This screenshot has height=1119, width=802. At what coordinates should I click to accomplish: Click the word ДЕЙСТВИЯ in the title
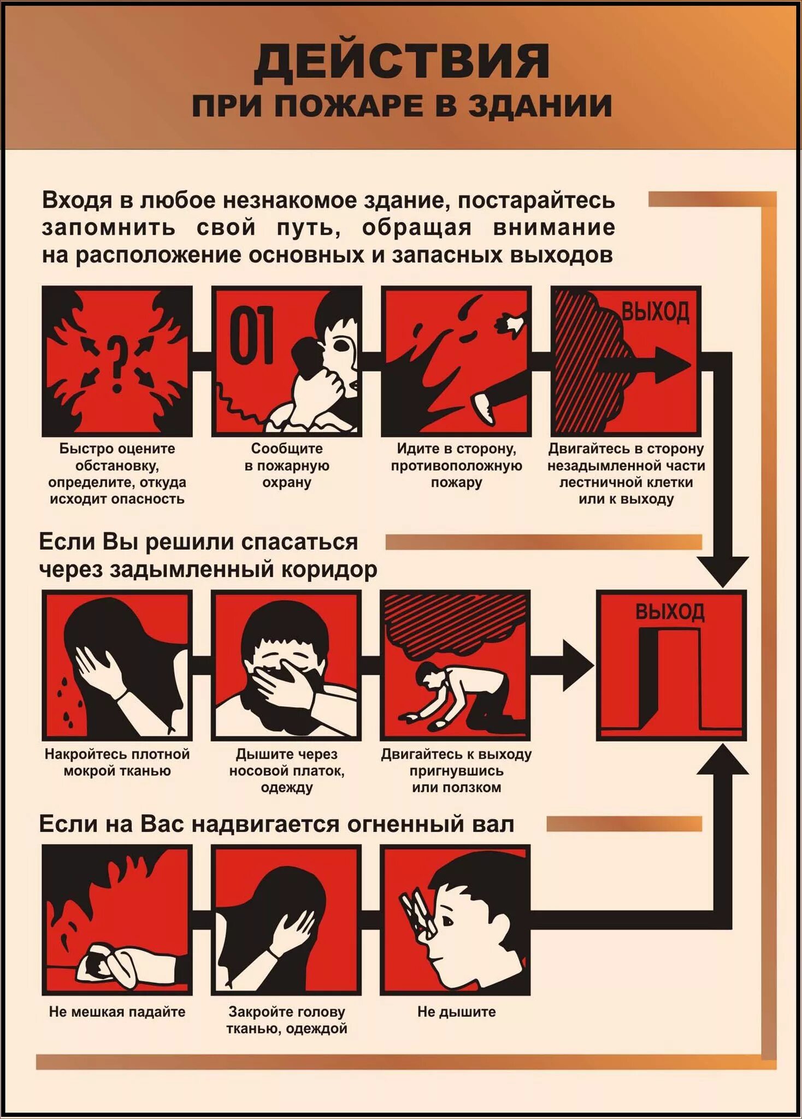(402, 61)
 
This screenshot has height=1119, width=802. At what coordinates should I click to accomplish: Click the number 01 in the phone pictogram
(251, 334)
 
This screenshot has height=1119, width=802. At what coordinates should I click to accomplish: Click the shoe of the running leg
(484, 408)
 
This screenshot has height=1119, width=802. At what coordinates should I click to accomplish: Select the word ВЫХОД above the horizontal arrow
(655, 313)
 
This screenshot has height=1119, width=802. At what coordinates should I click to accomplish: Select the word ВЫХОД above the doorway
(670, 612)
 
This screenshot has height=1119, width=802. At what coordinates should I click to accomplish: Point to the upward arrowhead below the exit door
(722, 759)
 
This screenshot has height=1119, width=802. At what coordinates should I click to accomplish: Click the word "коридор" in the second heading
(329, 569)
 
